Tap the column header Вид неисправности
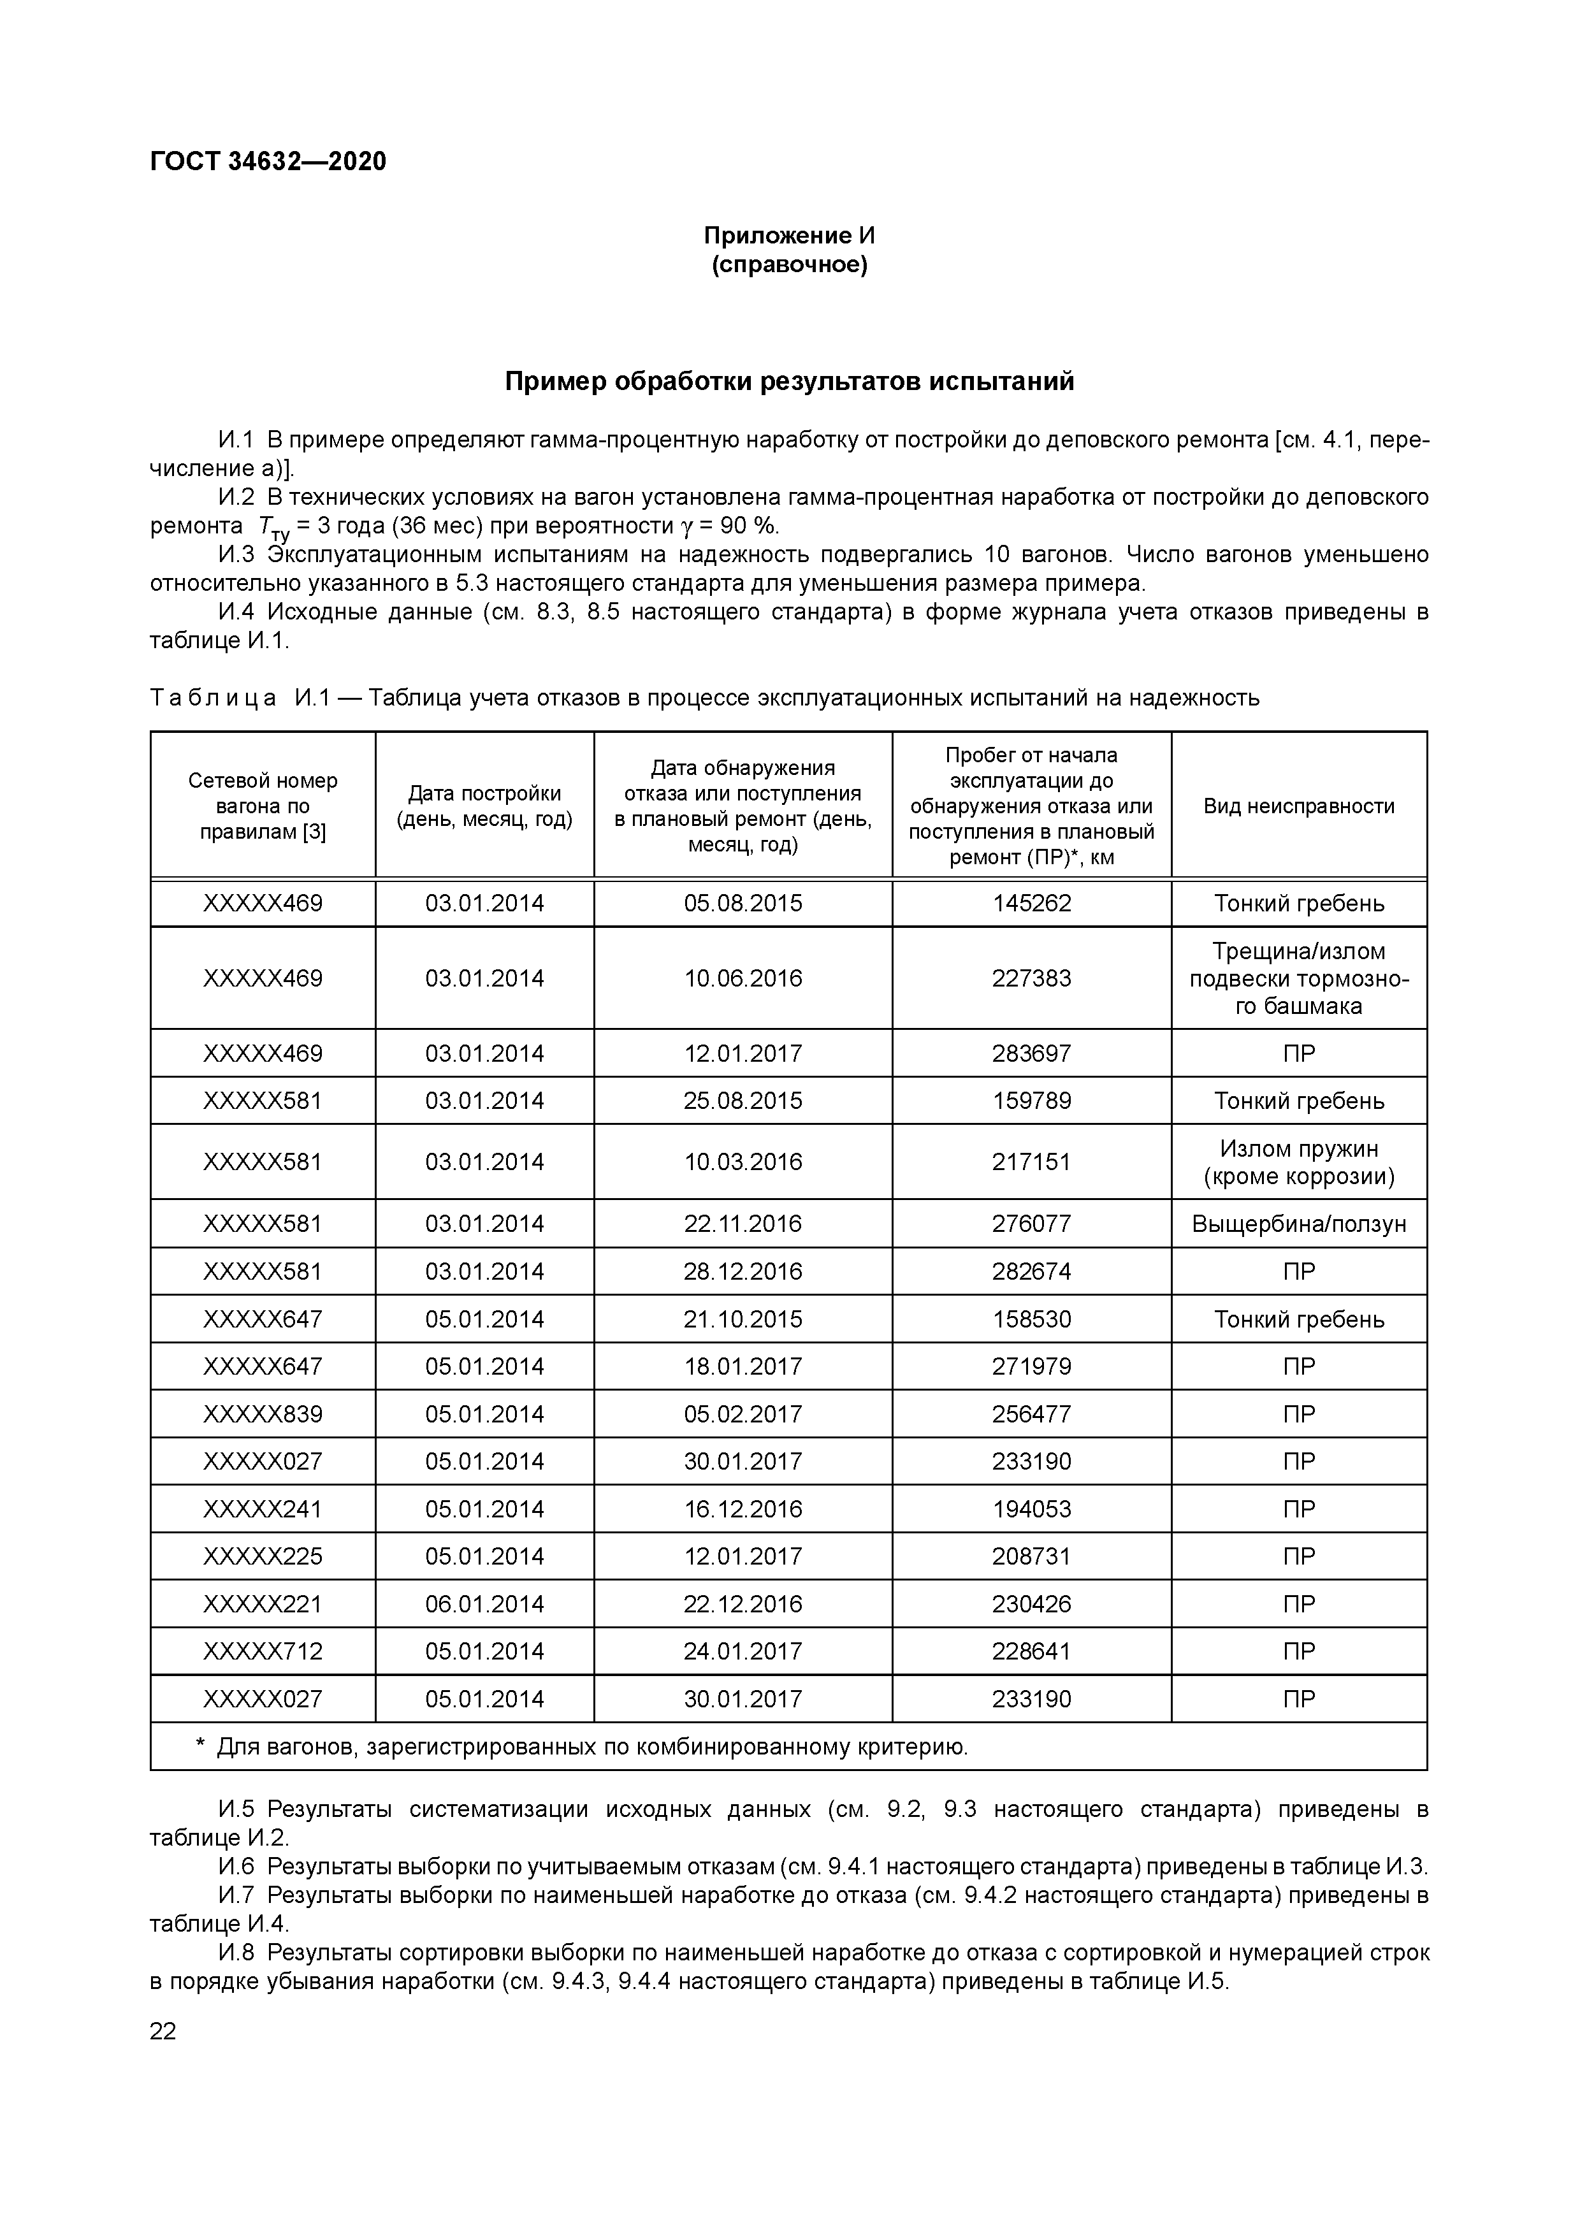(1299, 806)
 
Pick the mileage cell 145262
(1031, 903)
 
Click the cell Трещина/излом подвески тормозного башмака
(1299, 978)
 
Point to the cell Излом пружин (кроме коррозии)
(1299, 1162)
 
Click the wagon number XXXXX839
(263, 1414)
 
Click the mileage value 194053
(1031, 1509)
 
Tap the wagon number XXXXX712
(263, 1651)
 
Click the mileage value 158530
(1031, 1319)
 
